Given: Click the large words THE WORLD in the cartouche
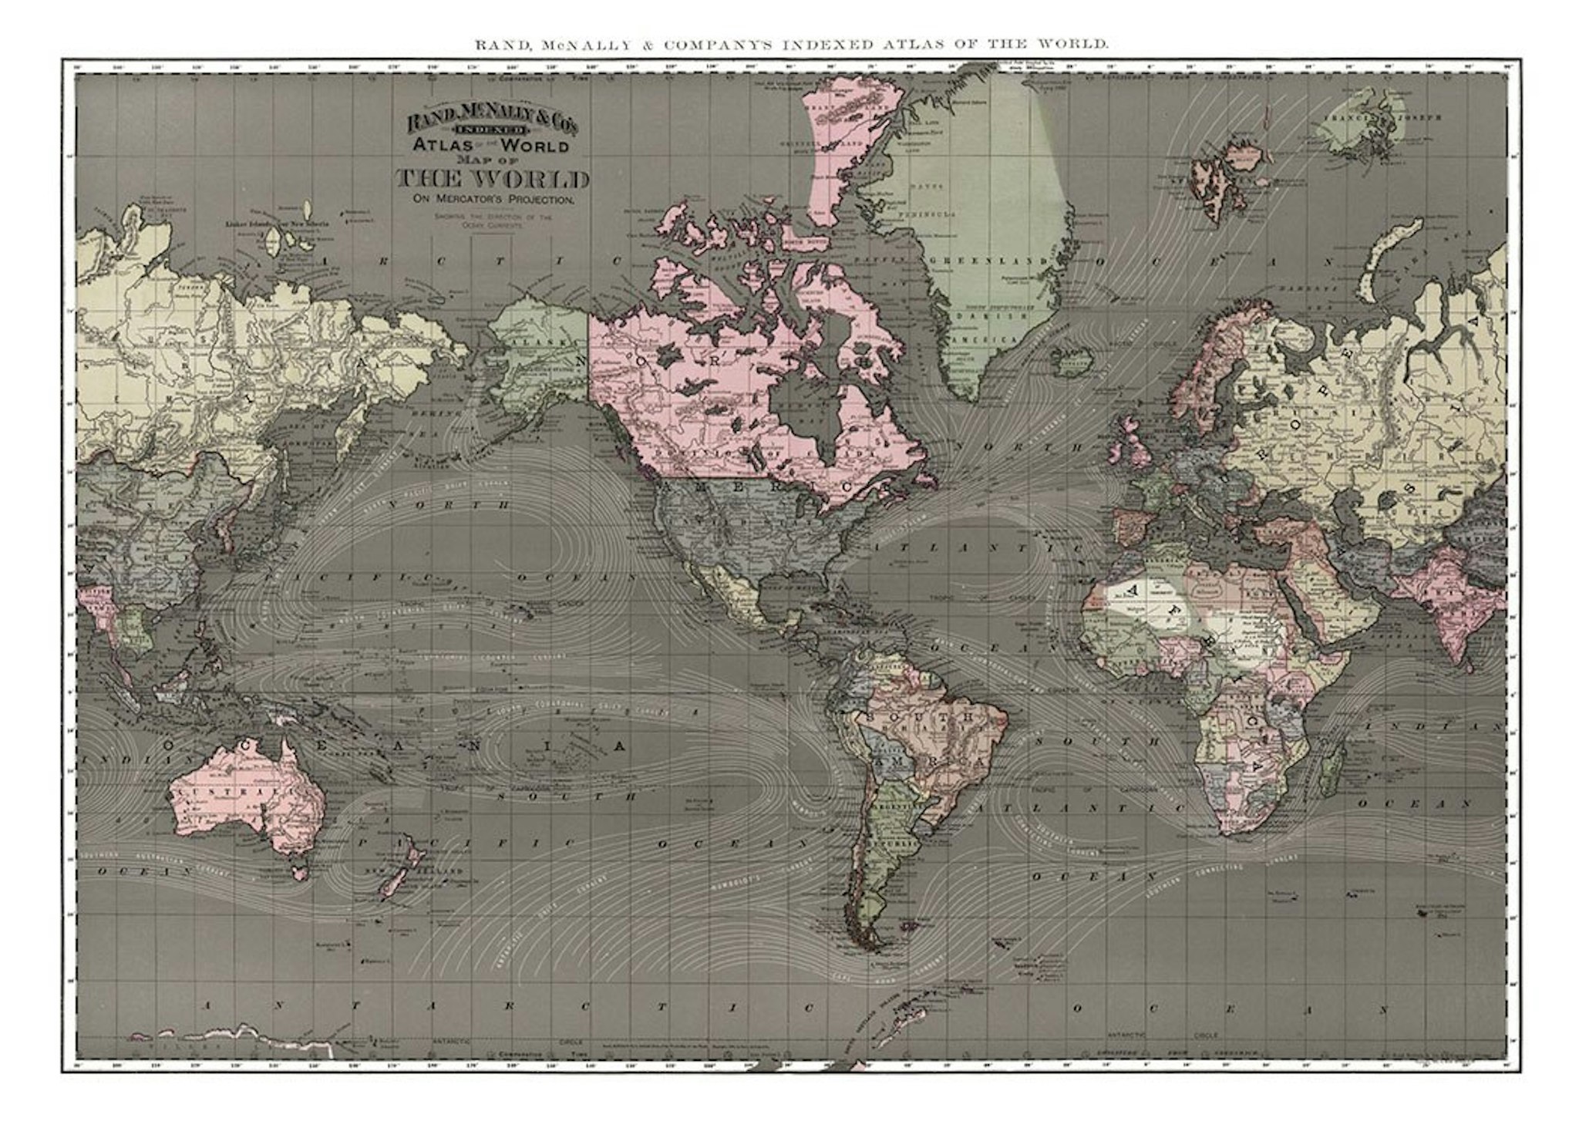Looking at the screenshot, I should (493, 180).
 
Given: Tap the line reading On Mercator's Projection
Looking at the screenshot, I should (493, 200).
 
